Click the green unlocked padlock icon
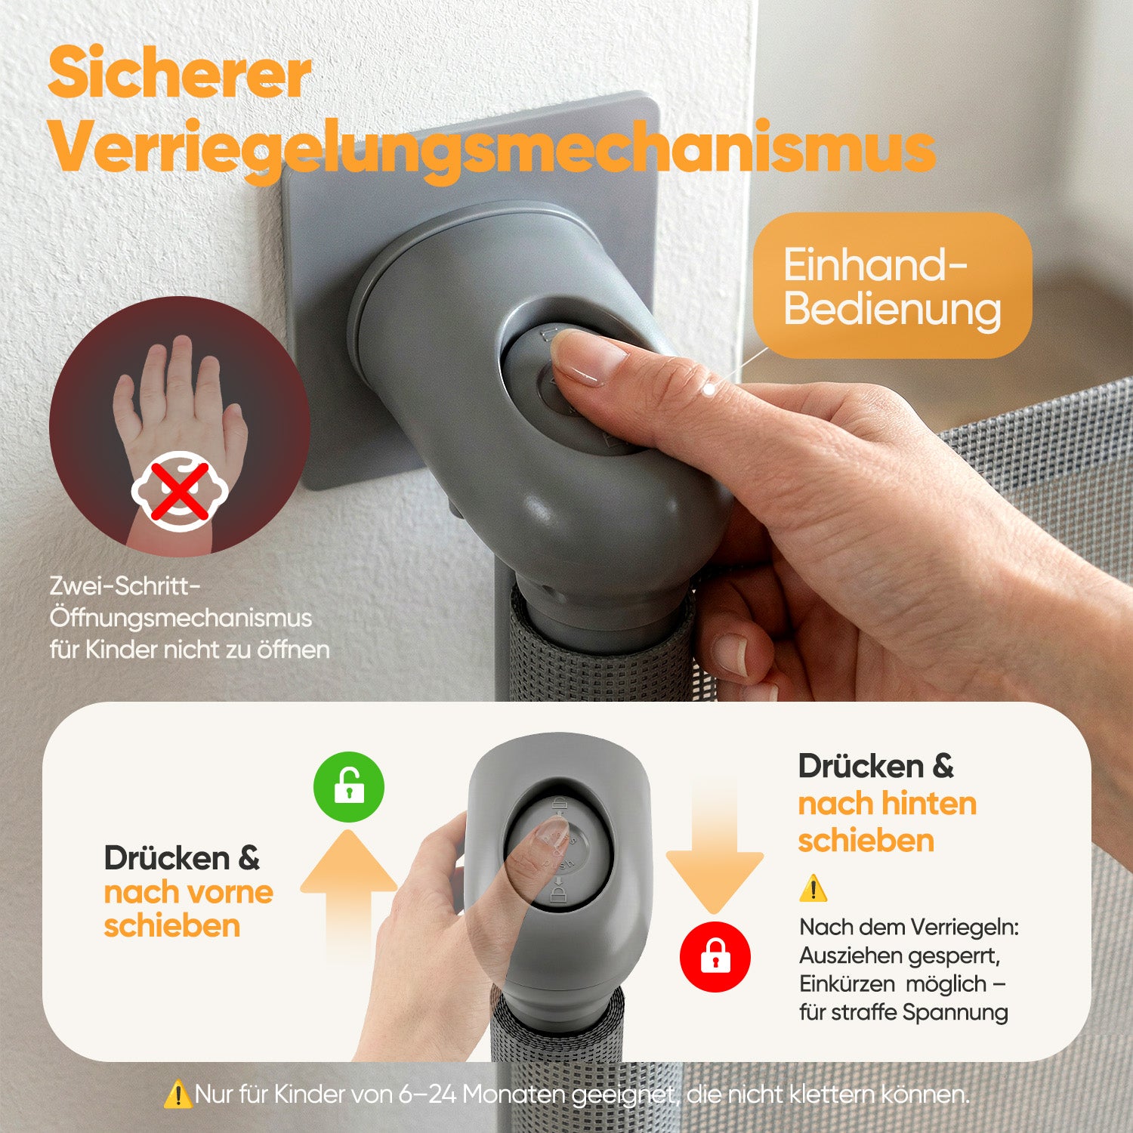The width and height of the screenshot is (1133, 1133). click(x=349, y=787)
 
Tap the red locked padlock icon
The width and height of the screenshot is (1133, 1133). click(x=715, y=956)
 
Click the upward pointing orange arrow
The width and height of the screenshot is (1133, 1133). click(x=349, y=895)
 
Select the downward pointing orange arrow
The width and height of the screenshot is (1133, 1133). click(x=715, y=846)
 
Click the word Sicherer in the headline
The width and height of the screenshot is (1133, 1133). click(x=180, y=73)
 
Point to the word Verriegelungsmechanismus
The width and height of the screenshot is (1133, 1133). click(x=492, y=148)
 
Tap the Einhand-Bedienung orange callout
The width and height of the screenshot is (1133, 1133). click(x=892, y=286)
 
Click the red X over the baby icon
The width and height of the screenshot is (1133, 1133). click(x=180, y=491)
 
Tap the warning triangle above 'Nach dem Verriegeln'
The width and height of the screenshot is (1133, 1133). click(x=813, y=888)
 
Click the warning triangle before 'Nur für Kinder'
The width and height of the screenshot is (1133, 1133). click(x=178, y=1094)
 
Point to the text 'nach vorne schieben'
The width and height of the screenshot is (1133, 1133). click(x=189, y=909)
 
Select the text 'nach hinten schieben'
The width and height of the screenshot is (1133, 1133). click(x=888, y=822)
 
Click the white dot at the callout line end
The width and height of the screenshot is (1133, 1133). click(x=709, y=391)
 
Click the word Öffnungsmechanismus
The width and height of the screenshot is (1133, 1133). click(x=181, y=617)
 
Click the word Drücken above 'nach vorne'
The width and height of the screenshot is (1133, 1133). click(x=167, y=858)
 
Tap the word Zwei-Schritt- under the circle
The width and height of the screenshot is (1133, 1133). click(x=126, y=585)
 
